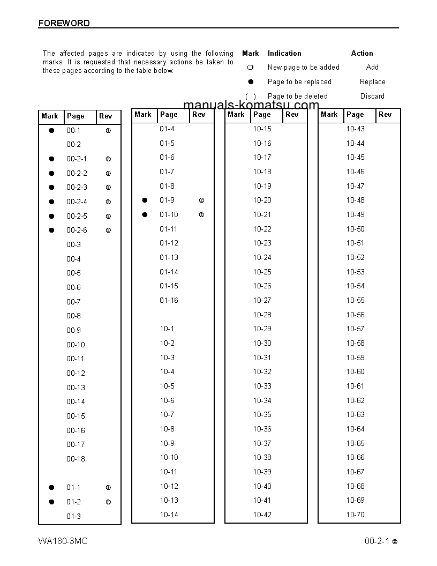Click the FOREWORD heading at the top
point(64,23)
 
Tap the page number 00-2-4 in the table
point(77,202)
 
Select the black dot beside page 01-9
point(145,200)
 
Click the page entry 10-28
point(262,315)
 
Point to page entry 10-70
point(355,515)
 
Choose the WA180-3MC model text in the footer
point(63,541)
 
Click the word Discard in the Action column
point(372,96)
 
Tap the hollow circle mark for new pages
point(250,68)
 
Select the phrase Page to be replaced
point(299,82)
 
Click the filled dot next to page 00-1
point(52,130)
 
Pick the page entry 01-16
point(169,300)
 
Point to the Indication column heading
point(284,54)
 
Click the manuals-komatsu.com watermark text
point(251,105)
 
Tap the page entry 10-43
point(355,129)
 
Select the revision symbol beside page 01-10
point(201,215)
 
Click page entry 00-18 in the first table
point(76,459)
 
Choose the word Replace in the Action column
point(372,82)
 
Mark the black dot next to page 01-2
point(52,502)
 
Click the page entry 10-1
point(167,329)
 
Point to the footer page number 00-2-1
point(377,541)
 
